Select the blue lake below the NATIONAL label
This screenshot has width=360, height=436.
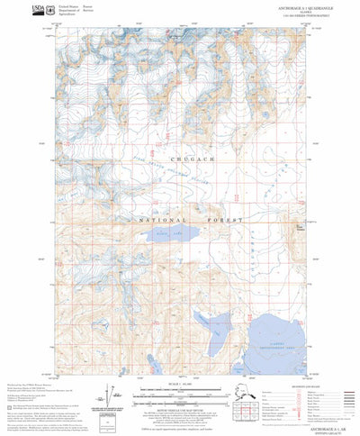coord(165,238)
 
